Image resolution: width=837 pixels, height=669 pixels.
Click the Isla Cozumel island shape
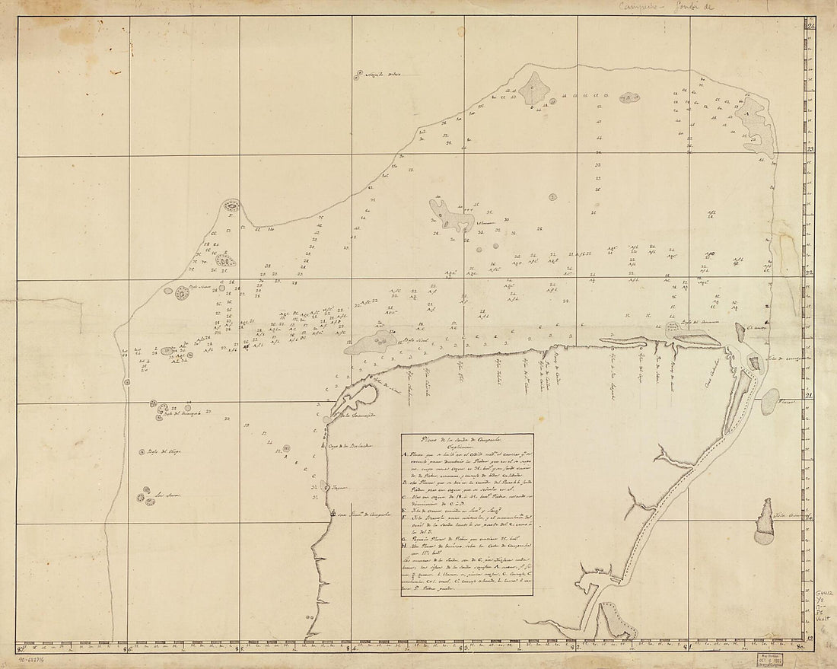[x=763, y=522]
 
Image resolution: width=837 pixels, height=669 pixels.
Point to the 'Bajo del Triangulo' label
[x=183, y=414]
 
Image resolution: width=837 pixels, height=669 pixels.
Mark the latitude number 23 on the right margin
[x=810, y=149]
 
